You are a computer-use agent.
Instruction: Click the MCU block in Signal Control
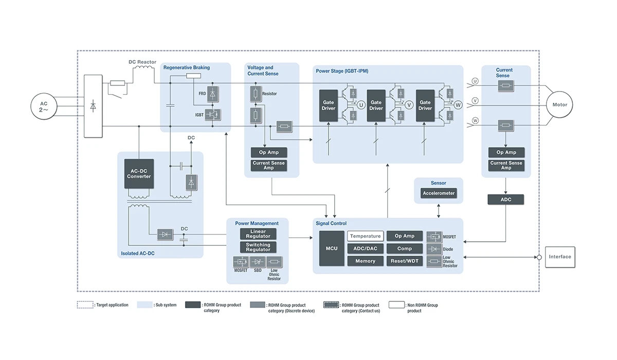tap(332, 248)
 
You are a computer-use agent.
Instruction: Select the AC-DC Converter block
tap(139, 174)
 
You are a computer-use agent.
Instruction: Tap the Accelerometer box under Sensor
tap(439, 193)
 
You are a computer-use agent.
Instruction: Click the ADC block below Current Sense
tap(506, 200)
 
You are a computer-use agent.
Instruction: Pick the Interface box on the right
tap(559, 257)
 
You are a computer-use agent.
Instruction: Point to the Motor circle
tap(559, 105)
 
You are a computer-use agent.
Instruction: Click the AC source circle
tap(44, 106)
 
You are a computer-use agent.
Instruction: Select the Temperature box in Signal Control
tap(366, 236)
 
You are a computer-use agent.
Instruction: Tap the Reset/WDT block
tap(405, 261)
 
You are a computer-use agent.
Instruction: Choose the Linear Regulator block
tap(258, 234)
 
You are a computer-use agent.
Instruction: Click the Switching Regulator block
tap(258, 247)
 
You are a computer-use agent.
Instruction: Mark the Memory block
tap(366, 261)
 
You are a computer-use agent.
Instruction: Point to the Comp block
tap(405, 248)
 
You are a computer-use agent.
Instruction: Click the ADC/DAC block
tap(366, 248)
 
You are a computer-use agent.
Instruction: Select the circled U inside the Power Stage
tap(361, 105)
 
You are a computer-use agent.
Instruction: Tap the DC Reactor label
tap(142, 62)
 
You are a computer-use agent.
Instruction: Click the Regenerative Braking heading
tap(187, 67)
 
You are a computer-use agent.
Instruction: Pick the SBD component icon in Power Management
tap(258, 262)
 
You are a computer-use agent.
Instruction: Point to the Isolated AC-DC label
tap(138, 253)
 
